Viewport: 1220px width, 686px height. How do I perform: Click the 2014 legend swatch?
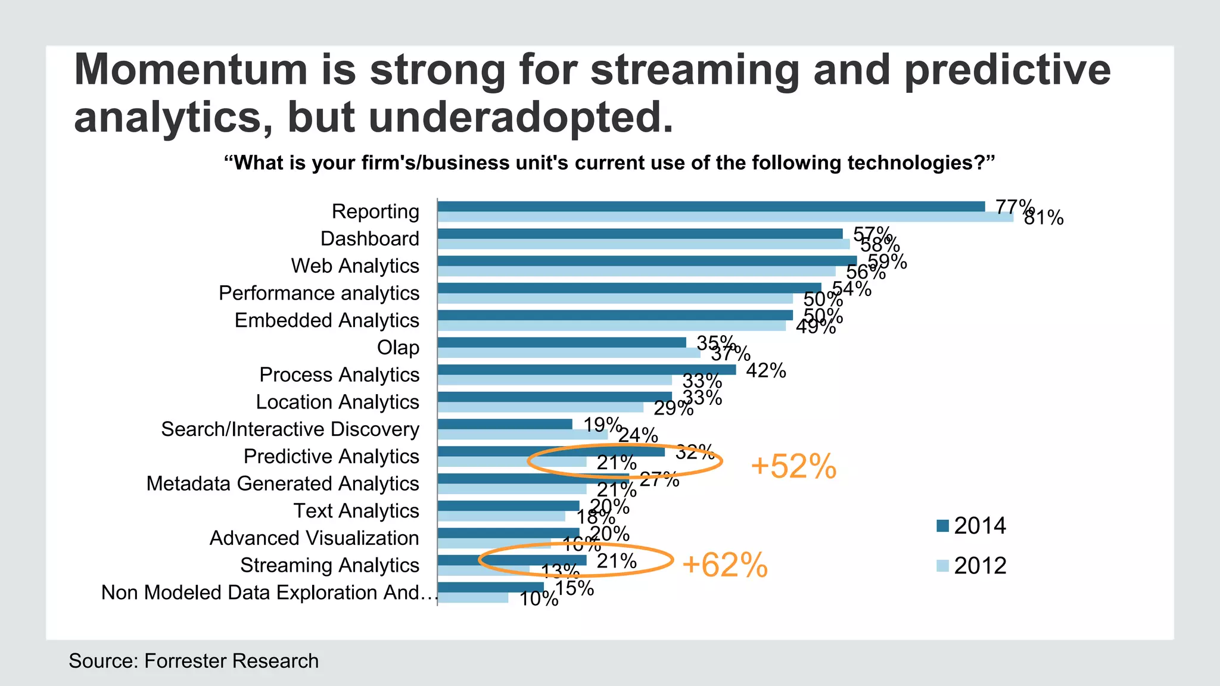coord(942,526)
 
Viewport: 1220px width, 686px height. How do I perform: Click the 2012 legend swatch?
coord(942,565)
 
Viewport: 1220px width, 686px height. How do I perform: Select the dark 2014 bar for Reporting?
coord(711,207)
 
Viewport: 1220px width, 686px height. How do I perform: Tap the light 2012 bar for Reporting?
coord(725,217)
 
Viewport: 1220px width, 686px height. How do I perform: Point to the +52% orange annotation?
coord(793,466)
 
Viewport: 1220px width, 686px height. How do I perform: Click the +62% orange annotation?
coord(724,565)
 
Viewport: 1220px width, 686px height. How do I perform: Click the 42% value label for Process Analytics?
coord(765,370)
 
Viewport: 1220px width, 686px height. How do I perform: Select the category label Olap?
coord(398,348)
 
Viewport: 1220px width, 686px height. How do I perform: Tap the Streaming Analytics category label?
coord(329,565)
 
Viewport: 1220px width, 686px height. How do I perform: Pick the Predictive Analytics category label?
coord(331,457)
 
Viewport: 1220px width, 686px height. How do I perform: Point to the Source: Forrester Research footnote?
coord(194,661)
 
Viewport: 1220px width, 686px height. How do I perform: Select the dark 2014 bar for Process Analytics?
coord(586,370)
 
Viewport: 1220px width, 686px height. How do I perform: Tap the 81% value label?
coord(1044,218)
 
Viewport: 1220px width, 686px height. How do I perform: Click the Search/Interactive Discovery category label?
coord(290,429)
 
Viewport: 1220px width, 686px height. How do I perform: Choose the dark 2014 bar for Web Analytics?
coord(647,261)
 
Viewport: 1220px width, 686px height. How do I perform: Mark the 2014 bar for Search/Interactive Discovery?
coord(505,424)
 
